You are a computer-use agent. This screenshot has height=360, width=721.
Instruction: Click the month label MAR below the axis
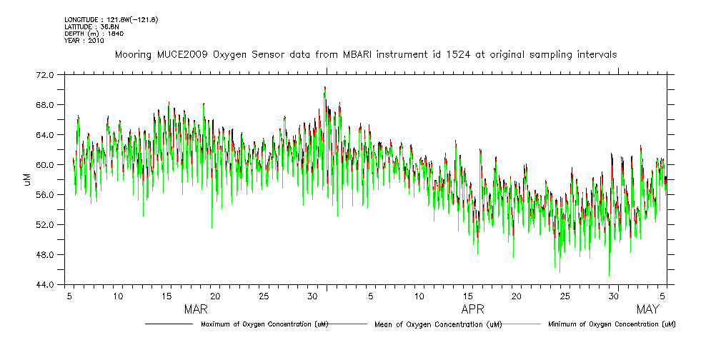pos(196,310)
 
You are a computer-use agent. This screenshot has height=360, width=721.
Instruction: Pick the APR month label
pos(473,310)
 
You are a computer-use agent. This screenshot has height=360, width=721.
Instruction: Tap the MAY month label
pos(647,310)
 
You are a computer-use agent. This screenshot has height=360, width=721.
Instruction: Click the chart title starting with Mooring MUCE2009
pos(365,54)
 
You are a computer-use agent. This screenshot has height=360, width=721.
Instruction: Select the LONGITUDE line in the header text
pos(111,19)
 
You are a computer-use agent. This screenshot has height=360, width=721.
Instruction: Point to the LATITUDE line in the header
pos(91,26)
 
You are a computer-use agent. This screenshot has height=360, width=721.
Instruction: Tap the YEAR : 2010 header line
pos(84,41)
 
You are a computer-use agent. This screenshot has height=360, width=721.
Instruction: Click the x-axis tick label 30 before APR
pos(312,296)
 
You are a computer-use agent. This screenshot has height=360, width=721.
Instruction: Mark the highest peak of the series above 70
pos(324,88)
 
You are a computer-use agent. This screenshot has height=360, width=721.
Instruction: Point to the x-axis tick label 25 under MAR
pos(264,296)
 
